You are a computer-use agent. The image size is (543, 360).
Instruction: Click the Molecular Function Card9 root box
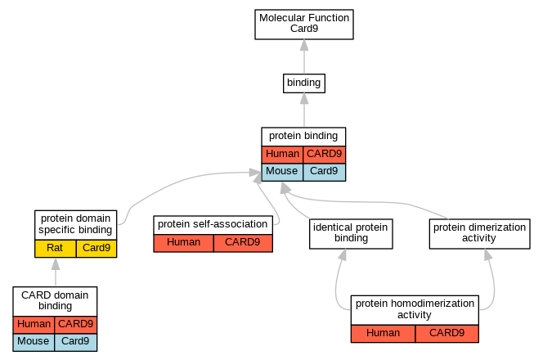(x=304, y=25)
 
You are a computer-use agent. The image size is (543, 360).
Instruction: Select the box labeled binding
(x=304, y=83)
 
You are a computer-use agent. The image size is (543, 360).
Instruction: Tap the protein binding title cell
(x=303, y=137)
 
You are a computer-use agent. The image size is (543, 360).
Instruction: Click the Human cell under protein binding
(x=282, y=155)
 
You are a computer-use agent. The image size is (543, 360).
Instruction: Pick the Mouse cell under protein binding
(x=282, y=172)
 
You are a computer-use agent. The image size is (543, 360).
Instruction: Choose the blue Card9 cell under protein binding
(x=324, y=172)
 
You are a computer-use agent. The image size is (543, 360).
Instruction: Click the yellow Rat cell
(x=55, y=249)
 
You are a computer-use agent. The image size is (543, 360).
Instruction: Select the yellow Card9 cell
(x=96, y=249)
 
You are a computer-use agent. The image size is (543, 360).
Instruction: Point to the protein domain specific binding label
(x=75, y=224)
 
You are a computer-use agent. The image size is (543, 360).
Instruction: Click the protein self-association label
(x=213, y=225)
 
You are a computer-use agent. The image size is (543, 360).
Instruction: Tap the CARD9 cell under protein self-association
(x=243, y=243)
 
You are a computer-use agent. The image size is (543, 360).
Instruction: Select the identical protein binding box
(x=351, y=233)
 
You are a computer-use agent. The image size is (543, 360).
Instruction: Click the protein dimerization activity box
(x=480, y=233)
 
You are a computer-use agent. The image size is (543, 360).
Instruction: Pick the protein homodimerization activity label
(x=415, y=310)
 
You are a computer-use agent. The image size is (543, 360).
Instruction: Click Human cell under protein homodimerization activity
(x=383, y=334)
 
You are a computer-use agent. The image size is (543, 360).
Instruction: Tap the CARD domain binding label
(x=55, y=301)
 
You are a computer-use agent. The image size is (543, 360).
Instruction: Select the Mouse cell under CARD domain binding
(x=34, y=342)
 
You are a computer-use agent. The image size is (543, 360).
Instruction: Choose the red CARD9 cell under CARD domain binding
(x=76, y=325)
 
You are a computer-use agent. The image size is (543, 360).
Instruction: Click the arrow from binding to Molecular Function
(x=304, y=56)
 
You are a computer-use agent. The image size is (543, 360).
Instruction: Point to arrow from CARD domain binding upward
(x=56, y=272)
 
